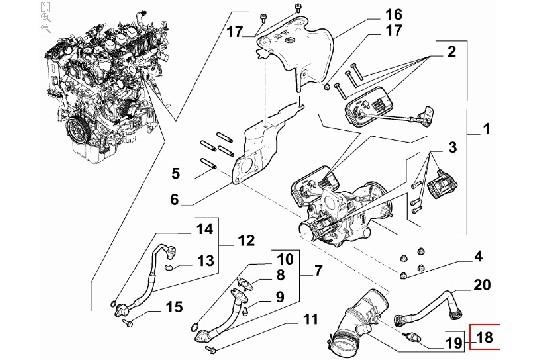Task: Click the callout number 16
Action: tap(393, 15)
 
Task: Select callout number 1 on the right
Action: tap(486, 130)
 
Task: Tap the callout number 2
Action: tap(451, 52)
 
